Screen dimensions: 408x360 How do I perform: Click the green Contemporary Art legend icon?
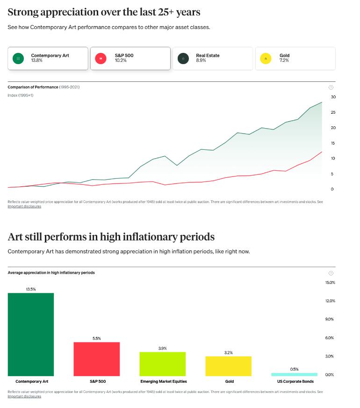(18, 58)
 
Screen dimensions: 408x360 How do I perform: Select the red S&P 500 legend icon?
(101, 58)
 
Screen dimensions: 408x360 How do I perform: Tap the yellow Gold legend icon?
(266, 58)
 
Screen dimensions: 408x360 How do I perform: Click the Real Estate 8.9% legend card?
(212, 58)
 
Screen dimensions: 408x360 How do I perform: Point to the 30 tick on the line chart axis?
(333, 97)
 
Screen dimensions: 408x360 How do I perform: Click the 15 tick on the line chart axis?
(333, 143)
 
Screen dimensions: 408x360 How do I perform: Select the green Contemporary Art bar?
(31, 334)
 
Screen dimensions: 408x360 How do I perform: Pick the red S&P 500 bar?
(97, 359)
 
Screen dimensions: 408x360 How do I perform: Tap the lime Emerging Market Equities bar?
(163, 364)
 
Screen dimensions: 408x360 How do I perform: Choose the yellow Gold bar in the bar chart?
(228, 366)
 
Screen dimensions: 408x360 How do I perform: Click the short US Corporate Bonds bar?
(294, 374)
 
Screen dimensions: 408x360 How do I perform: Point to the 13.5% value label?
(31, 289)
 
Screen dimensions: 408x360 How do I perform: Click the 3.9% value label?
(163, 348)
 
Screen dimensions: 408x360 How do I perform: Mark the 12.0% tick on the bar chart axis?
(330, 301)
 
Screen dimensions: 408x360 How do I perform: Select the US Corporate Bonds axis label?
(295, 381)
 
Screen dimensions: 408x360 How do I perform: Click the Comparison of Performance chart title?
(33, 87)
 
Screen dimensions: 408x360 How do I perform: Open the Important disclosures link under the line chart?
(24, 206)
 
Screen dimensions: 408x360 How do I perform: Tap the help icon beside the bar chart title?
(331, 273)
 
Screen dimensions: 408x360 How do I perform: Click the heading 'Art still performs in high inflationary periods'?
(111, 237)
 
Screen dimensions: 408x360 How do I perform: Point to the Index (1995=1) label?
(21, 95)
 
